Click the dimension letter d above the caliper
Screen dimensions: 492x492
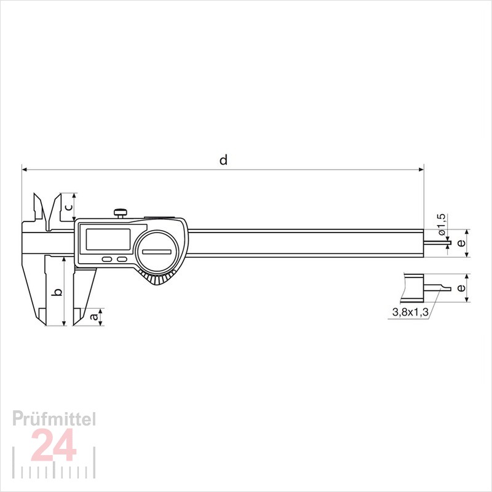224,160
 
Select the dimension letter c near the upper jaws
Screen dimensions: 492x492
69,207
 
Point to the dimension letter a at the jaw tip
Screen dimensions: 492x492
94,317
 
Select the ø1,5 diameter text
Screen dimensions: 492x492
441,224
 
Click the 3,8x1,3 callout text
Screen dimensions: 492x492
410,312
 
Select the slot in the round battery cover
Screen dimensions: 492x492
159,252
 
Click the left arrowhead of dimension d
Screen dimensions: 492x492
24,168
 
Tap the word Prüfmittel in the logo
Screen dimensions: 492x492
55,419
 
